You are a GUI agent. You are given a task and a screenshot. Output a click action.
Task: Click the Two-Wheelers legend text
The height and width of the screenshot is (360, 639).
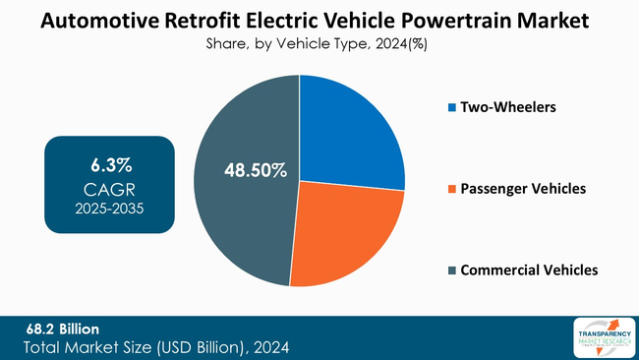(x=508, y=107)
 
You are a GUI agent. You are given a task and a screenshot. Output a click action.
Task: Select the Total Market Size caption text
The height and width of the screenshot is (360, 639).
(x=157, y=347)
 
